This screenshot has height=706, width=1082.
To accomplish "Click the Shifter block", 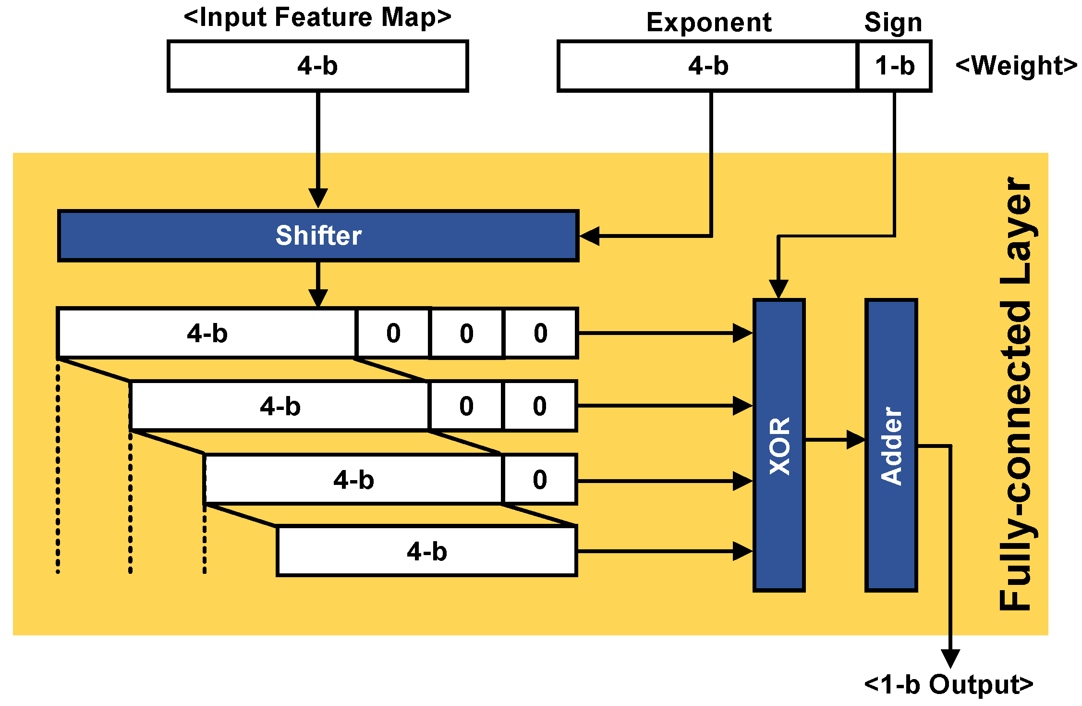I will pyautogui.click(x=318, y=236).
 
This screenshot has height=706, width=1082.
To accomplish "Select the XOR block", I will pyautogui.click(x=779, y=446).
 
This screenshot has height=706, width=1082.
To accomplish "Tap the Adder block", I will pyautogui.click(x=891, y=446).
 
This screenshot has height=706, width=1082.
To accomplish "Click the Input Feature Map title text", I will pyautogui.click(x=317, y=17).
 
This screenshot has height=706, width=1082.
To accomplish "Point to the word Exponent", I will pyautogui.click(x=709, y=23).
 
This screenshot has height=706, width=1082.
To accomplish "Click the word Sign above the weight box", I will pyautogui.click(x=893, y=23).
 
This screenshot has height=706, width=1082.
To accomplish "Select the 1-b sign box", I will pyautogui.click(x=894, y=66).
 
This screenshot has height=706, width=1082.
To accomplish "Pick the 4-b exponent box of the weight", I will pyautogui.click(x=708, y=66).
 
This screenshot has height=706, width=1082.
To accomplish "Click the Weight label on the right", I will pyautogui.click(x=1016, y=66).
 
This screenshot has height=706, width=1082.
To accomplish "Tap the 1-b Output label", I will pyautogui.click(x=948, y=684).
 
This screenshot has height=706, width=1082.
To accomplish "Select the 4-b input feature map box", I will pyautogui.click(x=317, y=66).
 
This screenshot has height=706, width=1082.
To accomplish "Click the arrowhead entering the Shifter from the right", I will pyautogui.click(x=589, y=236).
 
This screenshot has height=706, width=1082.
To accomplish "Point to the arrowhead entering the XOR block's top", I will pyautogui.click(x=778, y=289).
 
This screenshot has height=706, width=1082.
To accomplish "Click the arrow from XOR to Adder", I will pyautogui.click(x=836, y=440).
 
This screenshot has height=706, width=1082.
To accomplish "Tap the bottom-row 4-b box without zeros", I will pyautogui.click(x=426, y=551).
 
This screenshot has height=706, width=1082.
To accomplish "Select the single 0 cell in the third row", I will pyautogui.click(x=539, y=480).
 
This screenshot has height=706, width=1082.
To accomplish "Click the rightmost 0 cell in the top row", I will pyautogui.click(x=540, y=333).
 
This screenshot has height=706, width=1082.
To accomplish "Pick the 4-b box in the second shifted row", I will pyautogui.click(x=280, y=406).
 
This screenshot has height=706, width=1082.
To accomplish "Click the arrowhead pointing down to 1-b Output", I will pyautogui.click(x=950, y=658).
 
